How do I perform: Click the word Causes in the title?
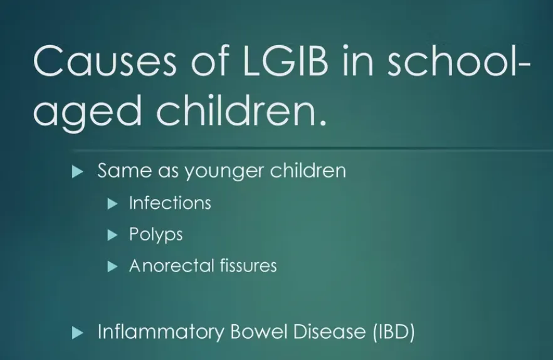(x=104, y=61)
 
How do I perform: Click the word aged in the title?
(x=88, y=110)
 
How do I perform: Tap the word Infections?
(x=170, y=203)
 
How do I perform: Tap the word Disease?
(x=329, y=331)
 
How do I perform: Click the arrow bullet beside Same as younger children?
(x=78, y=172)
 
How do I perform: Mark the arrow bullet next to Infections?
(x=112, y=204)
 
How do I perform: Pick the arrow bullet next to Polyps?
(x=112, y=235)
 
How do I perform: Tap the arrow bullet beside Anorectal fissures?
(x=112, y=267)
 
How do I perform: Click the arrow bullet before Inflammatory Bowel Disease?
(x=78, y=333)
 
